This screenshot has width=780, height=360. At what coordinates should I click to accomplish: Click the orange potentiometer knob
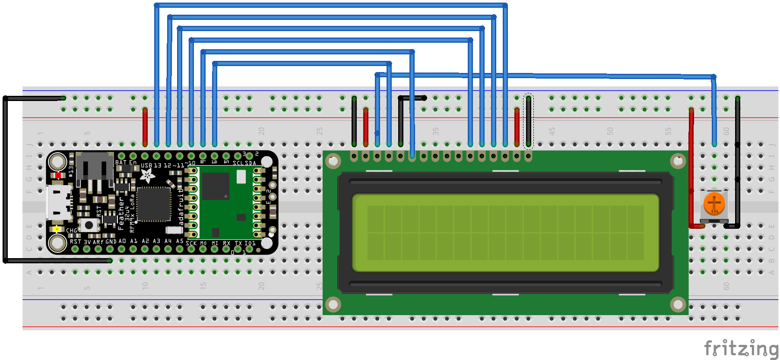(x=714, y=203)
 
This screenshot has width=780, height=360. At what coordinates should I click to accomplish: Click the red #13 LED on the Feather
(x=58, y=175)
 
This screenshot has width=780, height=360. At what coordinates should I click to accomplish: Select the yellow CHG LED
(x=57, y=229)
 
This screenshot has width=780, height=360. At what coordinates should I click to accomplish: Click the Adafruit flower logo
(x=147, y=175)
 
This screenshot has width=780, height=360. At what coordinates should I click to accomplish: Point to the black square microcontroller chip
(x=153, y=204)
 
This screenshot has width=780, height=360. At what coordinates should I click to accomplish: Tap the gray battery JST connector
(x=95, y=166)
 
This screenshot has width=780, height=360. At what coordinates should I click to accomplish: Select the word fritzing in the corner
(x=740, y=348)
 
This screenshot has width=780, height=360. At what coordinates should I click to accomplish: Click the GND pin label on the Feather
(x=111, y=241)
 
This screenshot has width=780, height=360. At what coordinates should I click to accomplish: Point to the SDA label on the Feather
(x=250, y=163)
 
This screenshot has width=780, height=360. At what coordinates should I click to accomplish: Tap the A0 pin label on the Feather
(x=122, y=241)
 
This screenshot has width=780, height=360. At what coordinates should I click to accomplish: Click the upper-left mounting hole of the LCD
(x=333, y=161)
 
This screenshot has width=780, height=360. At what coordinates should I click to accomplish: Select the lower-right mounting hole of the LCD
(x=678, y=305)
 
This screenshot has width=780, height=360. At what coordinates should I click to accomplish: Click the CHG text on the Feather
(x=71, y=231)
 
